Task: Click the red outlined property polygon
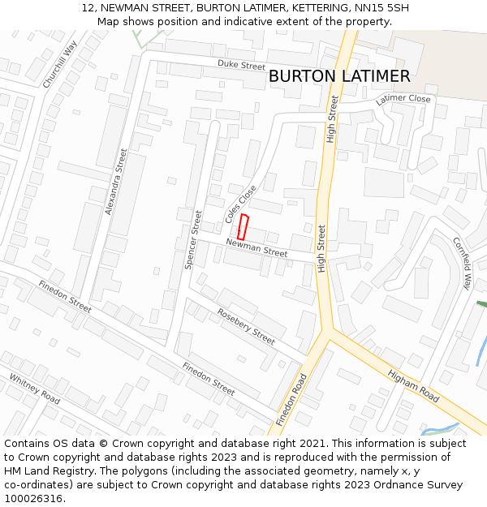(243, 226)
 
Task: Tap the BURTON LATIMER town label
(338, 76)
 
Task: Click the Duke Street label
(241, 65)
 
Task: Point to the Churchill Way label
(59, 64)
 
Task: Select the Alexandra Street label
(116, 181)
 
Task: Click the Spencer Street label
(192, 239)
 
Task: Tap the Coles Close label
(240, 204)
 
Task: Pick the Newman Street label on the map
(256, 248)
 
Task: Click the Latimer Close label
(403, 99)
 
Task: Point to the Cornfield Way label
(461, 263)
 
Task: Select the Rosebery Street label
(246, 325)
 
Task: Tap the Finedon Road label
(291, 400)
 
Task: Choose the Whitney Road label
(35, 389)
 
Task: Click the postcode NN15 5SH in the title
(378, 8)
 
